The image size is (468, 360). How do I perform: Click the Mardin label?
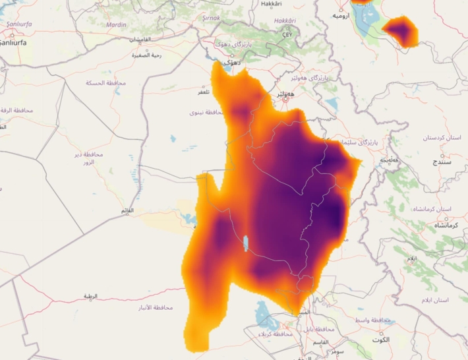pyautogui.click(x=116, y=25)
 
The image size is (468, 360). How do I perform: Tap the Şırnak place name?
pyautogui.click(x=211, y=18)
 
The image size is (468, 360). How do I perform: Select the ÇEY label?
pyautogui.click(x=287, y=34)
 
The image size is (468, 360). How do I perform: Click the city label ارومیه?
pyautogui.click(x=340, y=15)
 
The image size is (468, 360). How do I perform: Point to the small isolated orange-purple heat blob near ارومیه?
pyautogui.click(x=401, y=31)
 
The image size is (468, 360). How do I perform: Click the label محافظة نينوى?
pyautogui.click(x=207, y=113)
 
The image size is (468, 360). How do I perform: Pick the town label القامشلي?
pyautogui.click(x=139, y=40)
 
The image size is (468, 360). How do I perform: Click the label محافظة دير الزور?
pyautogui.click(x=88, y=158)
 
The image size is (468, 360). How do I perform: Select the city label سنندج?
pyautogui.click(x=440, y=161)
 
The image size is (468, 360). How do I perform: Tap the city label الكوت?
pyautogui.click(x=380, y=340)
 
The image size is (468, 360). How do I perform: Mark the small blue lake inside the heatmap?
pyautogui.click(x=246, y=244)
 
